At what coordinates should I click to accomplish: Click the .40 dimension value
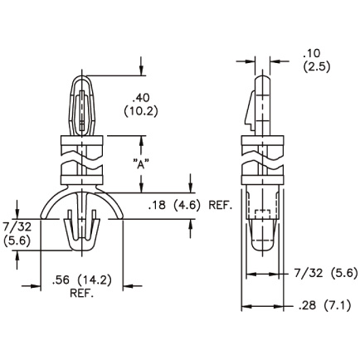click(x=141, y=98)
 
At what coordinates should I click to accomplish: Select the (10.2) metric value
click(x=141, y=111)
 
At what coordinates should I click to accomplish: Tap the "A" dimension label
click(x=141, y=164)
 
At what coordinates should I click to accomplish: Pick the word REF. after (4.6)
click(x=220, y=206)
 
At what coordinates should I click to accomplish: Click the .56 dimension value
click(x=61, y=280)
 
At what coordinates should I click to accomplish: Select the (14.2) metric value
click(x=95, y=280)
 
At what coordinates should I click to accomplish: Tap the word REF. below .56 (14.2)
click(x=81, y=293)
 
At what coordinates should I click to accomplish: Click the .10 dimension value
click(x=312, y=53)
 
